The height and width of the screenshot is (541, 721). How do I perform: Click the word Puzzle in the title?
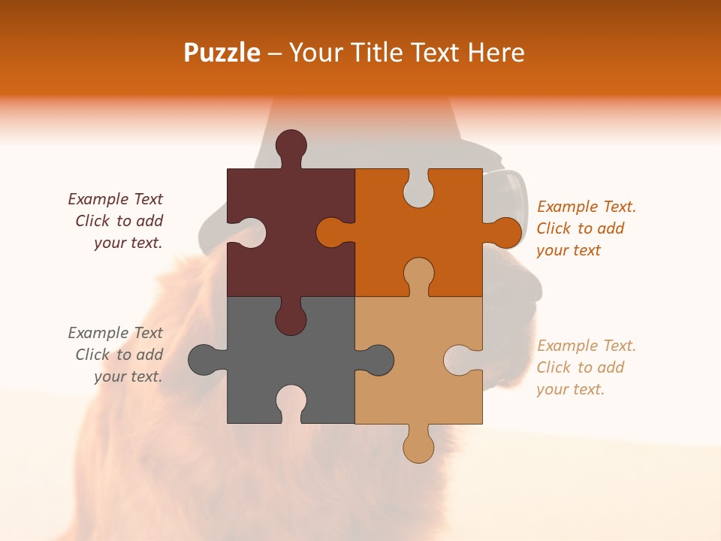tap(222, 53)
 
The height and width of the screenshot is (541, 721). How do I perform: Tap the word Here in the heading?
tap(496, 53)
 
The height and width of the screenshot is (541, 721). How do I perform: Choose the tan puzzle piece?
tap(421, 391)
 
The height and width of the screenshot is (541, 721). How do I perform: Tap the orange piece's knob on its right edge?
tap(504, 232)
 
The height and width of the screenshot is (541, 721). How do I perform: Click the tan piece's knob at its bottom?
tap(418, 446)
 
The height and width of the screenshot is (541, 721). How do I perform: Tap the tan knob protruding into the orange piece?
tap(418, 274)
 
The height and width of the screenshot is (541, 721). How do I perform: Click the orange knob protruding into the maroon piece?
tap(332, 232)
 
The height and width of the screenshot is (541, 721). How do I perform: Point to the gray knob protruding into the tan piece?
tap(377, 360)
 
